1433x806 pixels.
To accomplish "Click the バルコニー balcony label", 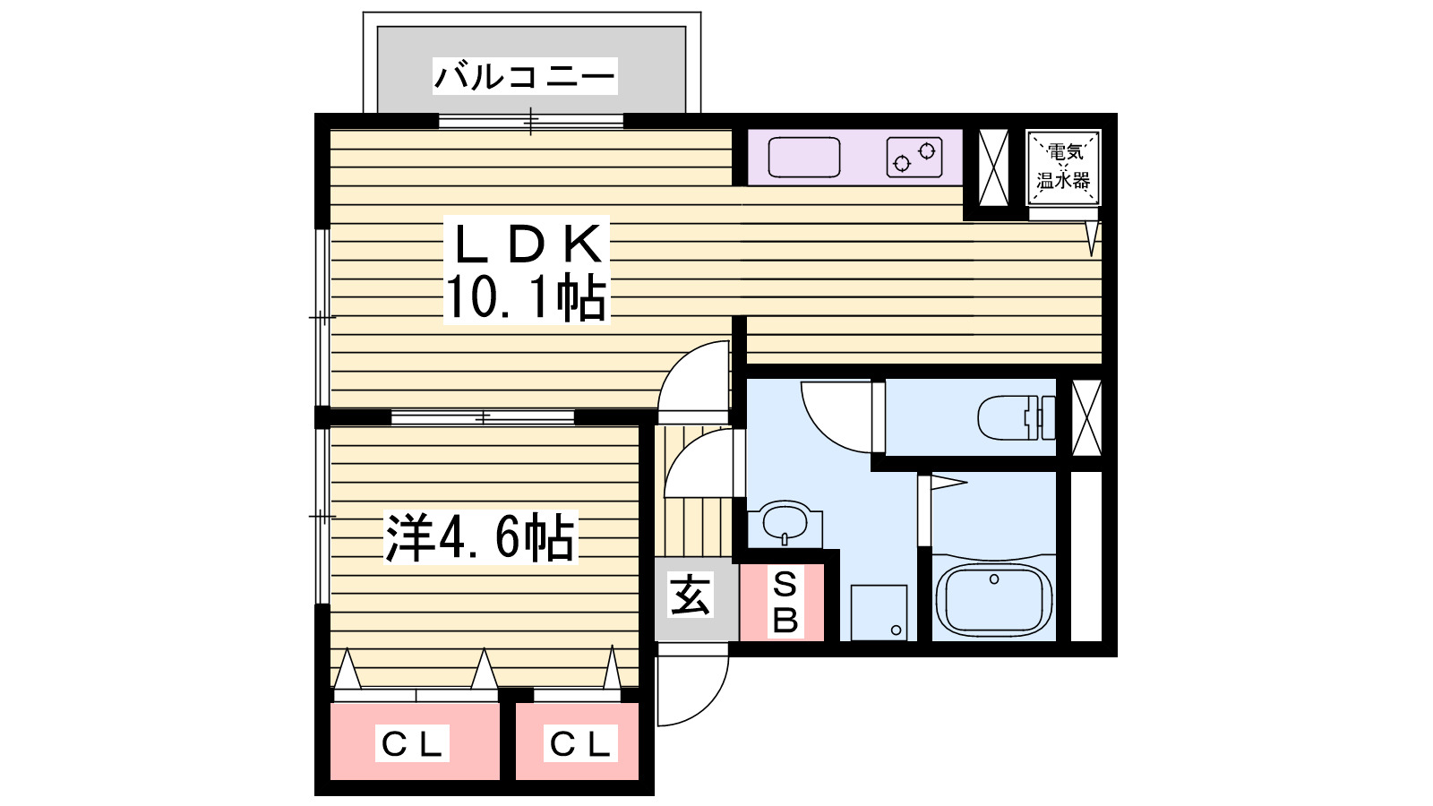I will pos(525,76).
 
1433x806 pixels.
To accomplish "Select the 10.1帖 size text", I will pos(526,298).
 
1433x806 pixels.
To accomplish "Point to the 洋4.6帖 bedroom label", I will pos(480,537).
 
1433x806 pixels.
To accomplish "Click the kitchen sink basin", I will pos(804,158).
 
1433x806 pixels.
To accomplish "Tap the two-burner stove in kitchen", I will pos(914,158).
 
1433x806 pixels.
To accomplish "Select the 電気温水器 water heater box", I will pos(1063,167).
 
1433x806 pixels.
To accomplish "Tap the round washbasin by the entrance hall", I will pos(785,523).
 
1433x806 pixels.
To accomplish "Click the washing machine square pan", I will pos(879,613).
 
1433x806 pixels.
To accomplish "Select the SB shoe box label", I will pos(784,602).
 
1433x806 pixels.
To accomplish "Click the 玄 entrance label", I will pos(691,596).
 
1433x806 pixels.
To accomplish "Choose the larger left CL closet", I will pos(414,742).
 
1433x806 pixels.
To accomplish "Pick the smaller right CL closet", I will pos(578,742).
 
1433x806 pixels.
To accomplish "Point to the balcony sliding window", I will pos(530,121).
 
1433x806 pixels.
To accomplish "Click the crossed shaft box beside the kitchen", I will pos(993,167).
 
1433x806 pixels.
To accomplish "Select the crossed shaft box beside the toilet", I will pos(1086,417).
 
